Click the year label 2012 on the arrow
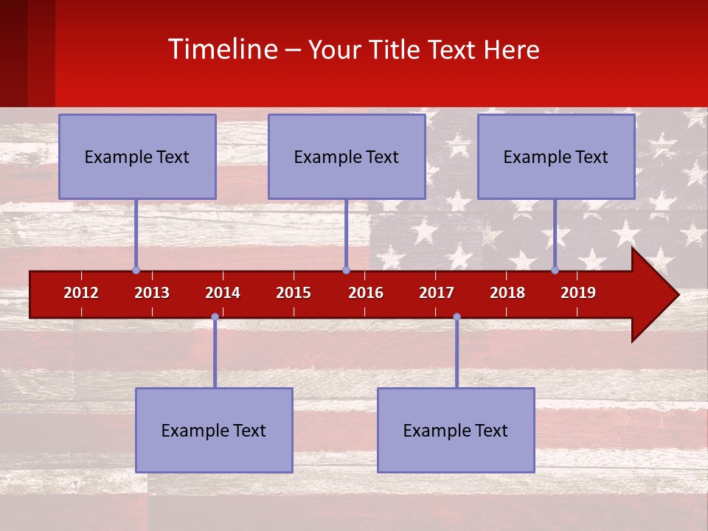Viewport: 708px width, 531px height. click(81, 293)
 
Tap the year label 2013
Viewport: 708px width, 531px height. click(152, 293)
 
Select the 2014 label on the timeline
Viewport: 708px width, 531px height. click(223, 293)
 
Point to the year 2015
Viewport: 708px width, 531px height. click(294, 293)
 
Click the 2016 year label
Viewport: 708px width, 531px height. click(366, 293)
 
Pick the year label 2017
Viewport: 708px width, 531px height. click(437, 293)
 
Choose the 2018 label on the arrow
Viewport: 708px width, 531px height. click(507, 293)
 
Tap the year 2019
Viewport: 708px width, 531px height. click(578, 293)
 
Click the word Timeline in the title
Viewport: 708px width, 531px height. click(221, 49)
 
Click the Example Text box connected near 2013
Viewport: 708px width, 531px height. click(137, 156)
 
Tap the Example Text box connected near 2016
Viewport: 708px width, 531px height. click(347, 156)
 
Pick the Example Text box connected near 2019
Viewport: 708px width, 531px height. click(556, 156)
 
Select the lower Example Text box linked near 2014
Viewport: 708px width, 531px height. click(214, 430)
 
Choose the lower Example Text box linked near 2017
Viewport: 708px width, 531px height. click(456, 430)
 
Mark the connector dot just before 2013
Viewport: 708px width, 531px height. click(136, 270)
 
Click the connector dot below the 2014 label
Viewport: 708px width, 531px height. click(215, 316)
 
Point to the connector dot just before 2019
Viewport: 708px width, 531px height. click(555, 270)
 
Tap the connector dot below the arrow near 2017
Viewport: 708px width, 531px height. click(457, 316)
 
